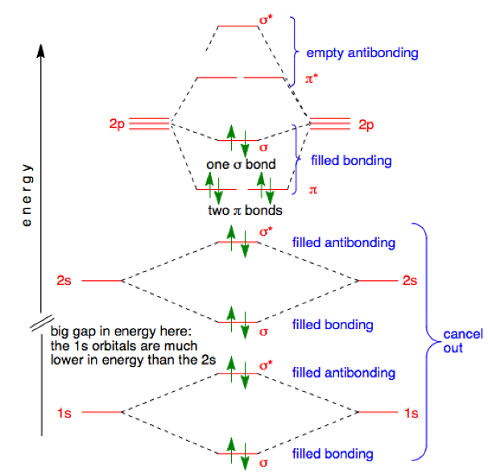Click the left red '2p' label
click(x=117, y=125)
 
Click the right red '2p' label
click(x=367, y=125)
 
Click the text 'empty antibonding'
click(x=362, y=53)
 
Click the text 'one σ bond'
click(x=241, y=164)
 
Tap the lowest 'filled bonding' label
click(x=333, y=454)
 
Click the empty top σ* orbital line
click(x=238, y=26)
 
